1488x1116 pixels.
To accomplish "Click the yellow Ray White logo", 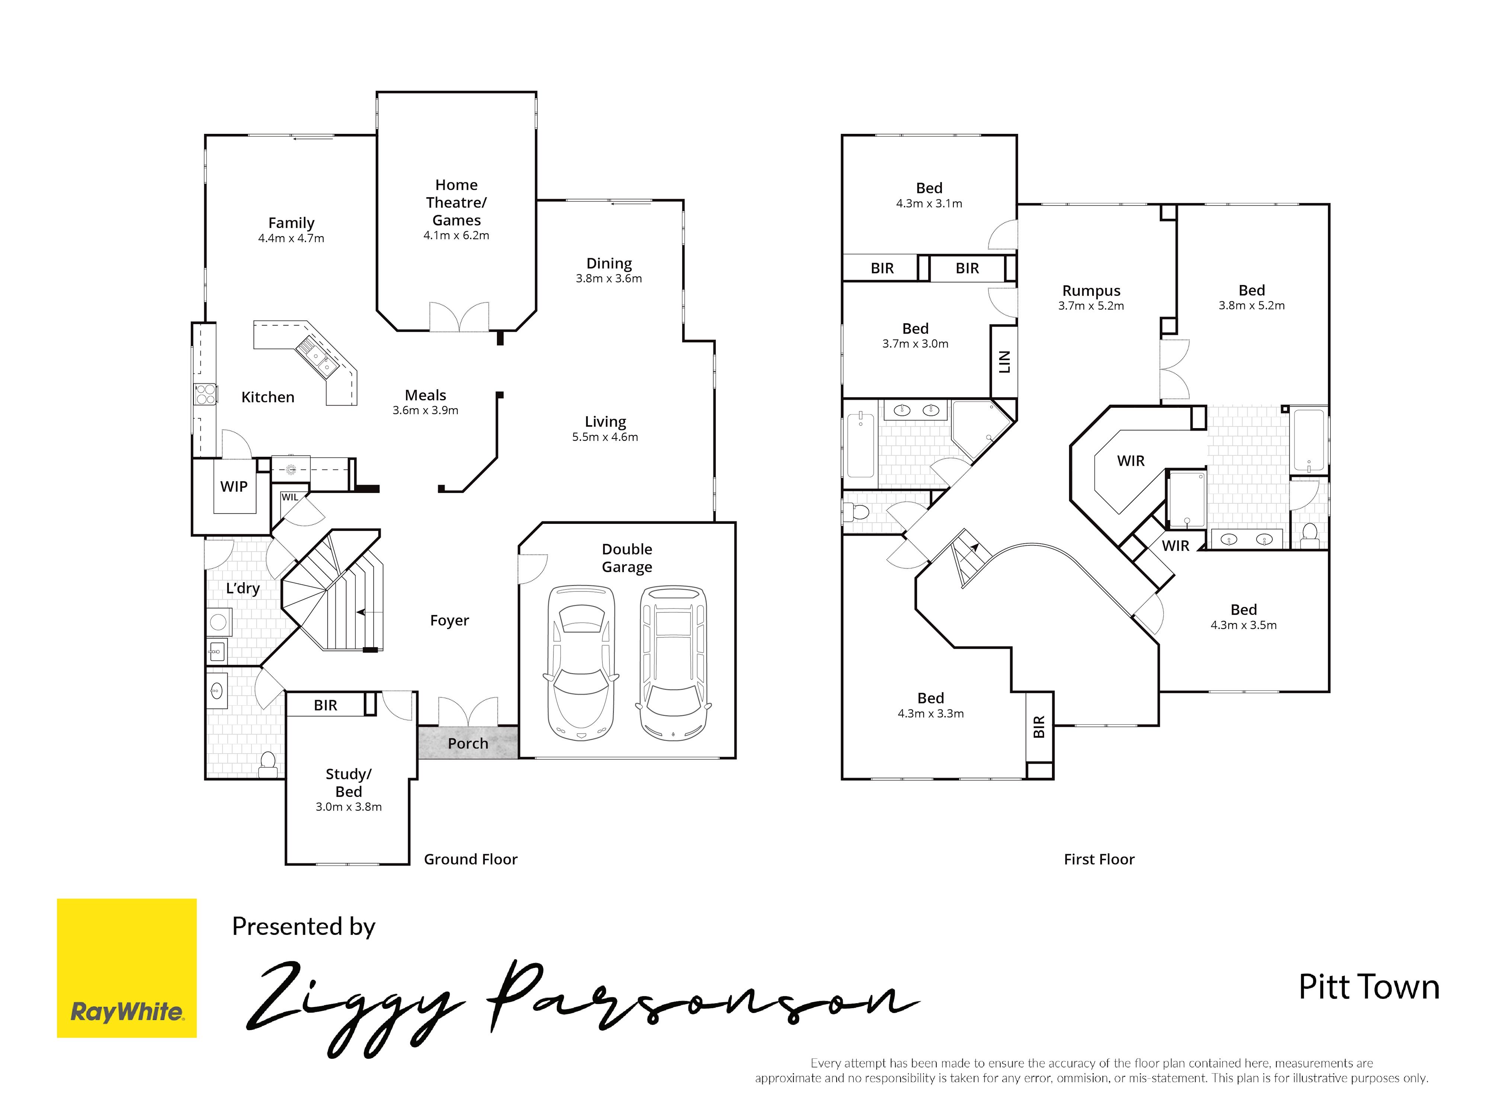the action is tap(126, 968).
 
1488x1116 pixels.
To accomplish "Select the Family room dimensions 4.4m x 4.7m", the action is tap(291, 238).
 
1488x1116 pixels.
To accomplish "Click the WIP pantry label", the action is tap(234, 486).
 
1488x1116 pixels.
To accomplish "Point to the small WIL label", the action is tap(290, 497).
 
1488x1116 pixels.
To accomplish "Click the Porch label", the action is tap(468, 743).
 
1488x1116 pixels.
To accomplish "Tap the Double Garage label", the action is tap(627, 558).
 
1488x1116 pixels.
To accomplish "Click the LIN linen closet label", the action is tap(1004, 362).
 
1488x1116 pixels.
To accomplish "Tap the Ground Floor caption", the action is tap(471, 859).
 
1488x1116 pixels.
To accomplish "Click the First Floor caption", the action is tap(1099, 859).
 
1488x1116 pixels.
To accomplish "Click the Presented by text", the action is tap(304, 926).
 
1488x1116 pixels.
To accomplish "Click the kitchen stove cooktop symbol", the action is tap(206, 394).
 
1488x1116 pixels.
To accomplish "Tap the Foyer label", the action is tap(449, 620).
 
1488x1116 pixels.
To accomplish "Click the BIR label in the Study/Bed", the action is tap(325, 705).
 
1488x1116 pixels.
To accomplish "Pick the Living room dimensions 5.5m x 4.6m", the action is tap(605, 437).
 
